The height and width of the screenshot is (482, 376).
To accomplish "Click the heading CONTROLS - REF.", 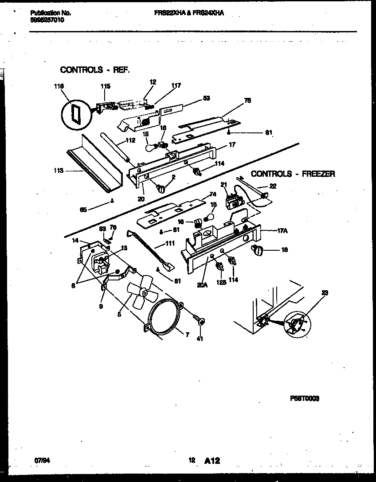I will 95,70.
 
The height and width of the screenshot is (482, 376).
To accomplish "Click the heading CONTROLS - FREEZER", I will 293,174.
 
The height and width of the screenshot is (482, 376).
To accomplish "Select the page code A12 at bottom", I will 212,461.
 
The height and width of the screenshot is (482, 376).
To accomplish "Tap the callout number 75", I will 247,101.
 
